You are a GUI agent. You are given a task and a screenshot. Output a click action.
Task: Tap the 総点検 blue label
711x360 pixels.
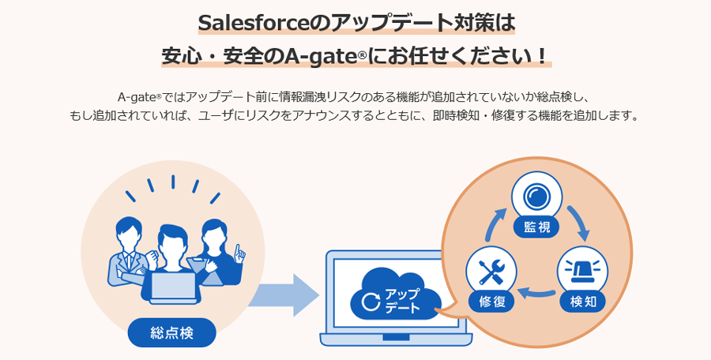tap(171, 332)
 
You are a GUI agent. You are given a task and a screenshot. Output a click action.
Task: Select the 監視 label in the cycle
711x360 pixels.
tap(536, 228)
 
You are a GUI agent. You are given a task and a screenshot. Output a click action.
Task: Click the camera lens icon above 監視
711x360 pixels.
tap(536, 196)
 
